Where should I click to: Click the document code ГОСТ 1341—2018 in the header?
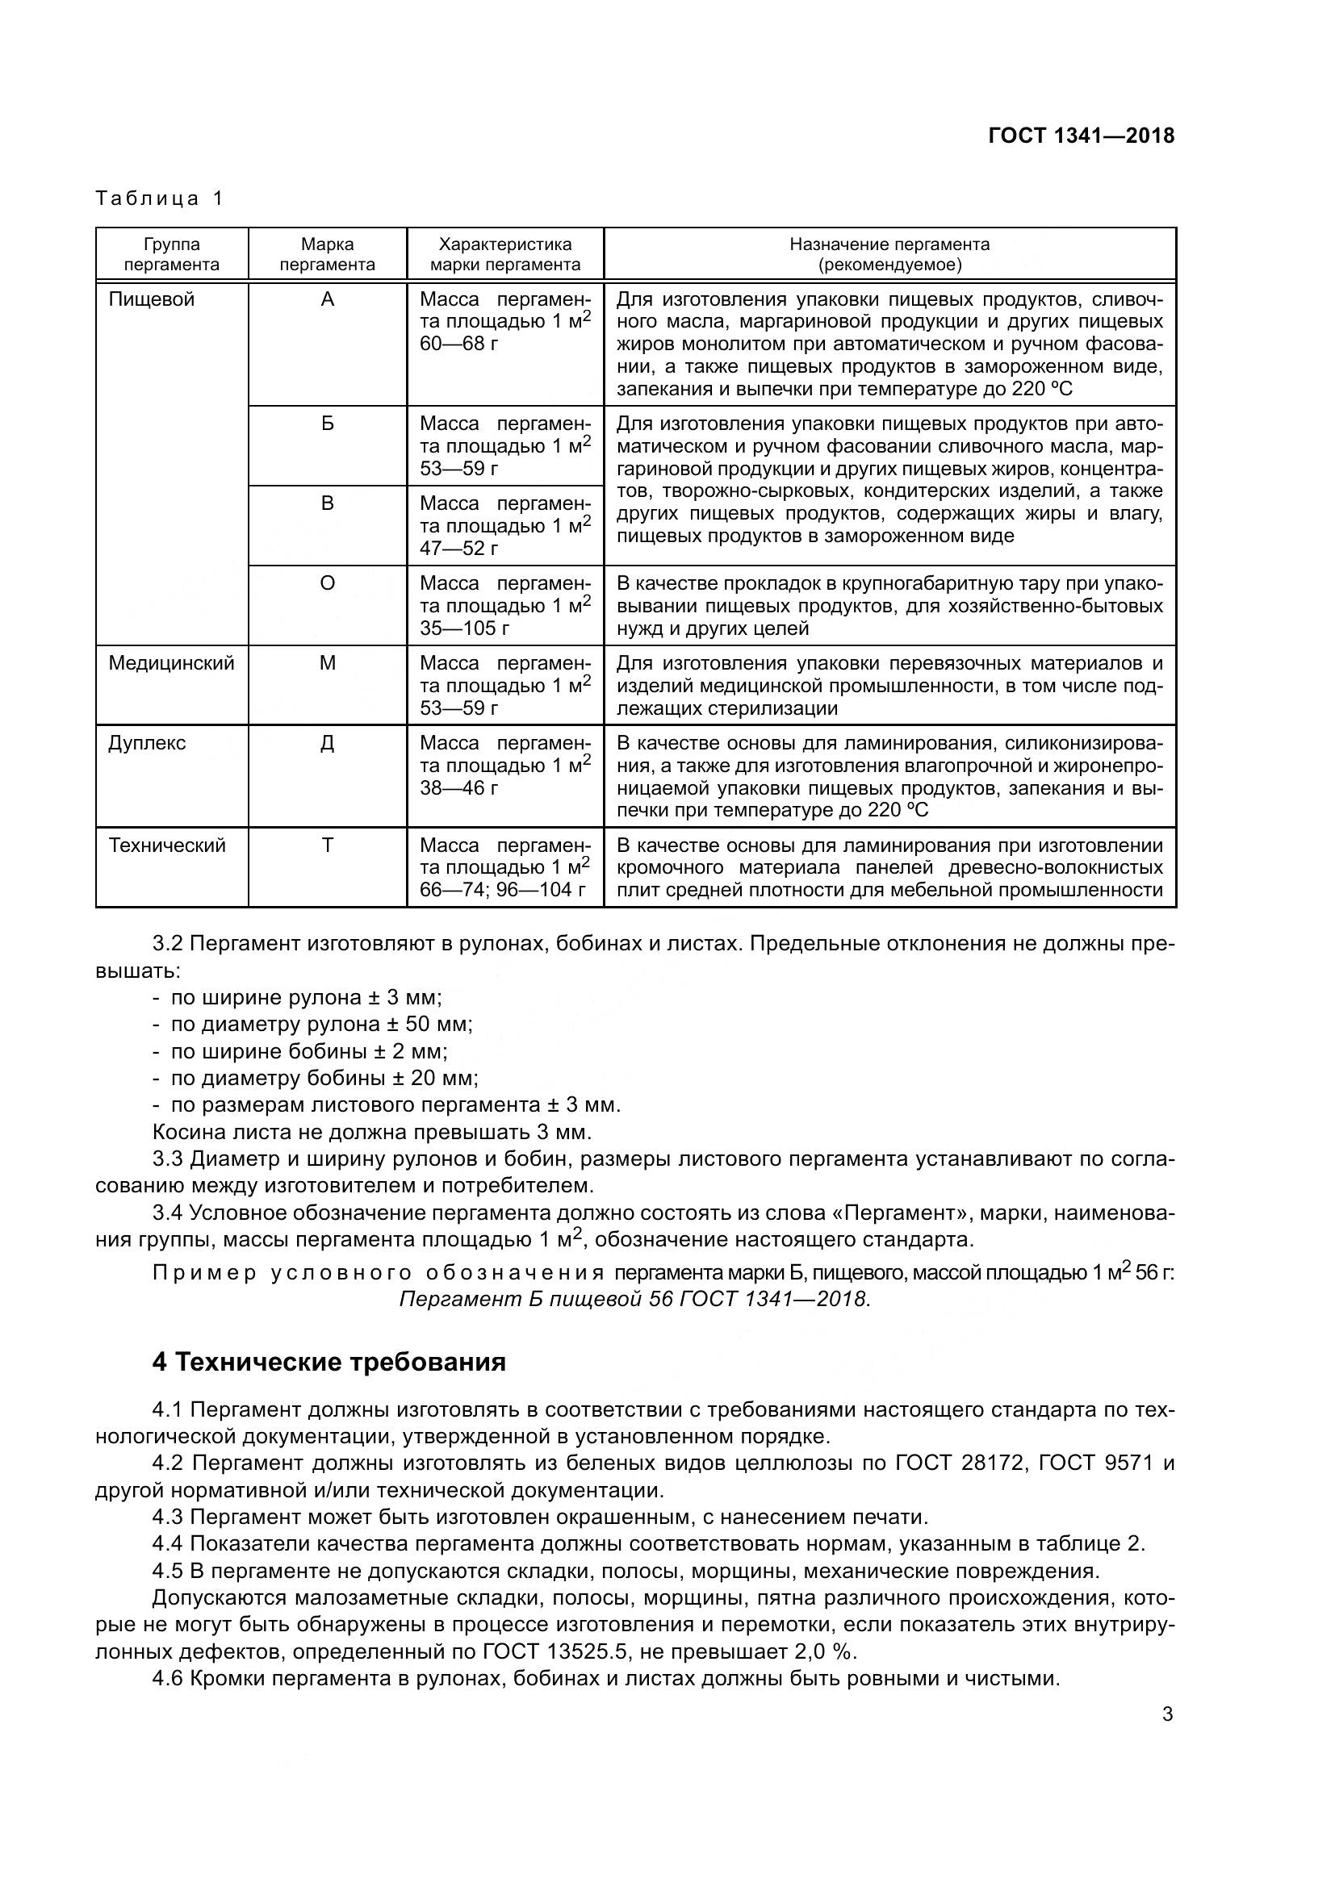coord(1081,136)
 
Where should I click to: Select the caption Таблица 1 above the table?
coord(160,198)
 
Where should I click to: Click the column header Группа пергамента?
coord(172,254)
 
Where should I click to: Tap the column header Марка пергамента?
coord(327,254)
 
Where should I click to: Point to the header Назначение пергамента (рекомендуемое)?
coord(889,254)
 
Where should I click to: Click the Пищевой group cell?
coord(152,299)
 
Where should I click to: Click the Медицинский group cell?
coord(171,663)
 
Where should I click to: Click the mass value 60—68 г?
coord(458,344)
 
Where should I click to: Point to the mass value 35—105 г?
coord(464,628)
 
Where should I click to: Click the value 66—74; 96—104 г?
coord(502,890)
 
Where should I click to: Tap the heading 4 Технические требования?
coord(329,1362)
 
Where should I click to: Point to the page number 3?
coord(1167,1714)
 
